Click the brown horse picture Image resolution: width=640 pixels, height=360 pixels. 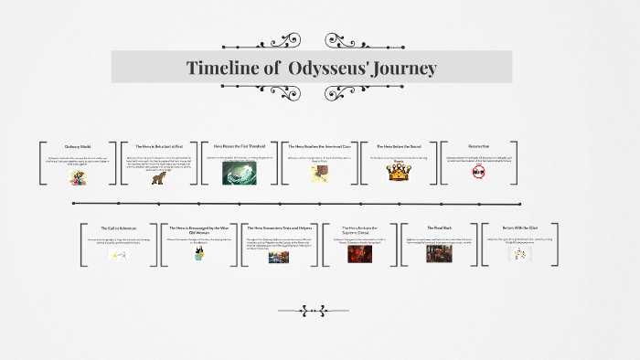click(x=158, y=176)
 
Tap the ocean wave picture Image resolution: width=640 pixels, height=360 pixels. click(x=240, y=173)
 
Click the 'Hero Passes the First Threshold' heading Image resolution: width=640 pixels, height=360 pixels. click(x=240, y=145)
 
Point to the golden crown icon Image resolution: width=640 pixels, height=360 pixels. click(x=397, y=172)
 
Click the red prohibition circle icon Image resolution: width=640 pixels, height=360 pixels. click(x=477, y=171)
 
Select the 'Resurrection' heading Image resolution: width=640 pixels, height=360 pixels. click(x=478, y=146)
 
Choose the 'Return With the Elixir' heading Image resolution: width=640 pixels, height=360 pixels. click(x=518, y=228)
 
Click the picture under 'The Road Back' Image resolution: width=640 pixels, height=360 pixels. click(x=439, y=253)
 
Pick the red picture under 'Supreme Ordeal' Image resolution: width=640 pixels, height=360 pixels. click(x=359, y=253)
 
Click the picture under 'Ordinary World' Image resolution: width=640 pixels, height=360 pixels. click(x=78, y=177)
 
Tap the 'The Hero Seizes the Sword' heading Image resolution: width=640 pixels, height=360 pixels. click(x=397, y=146)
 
